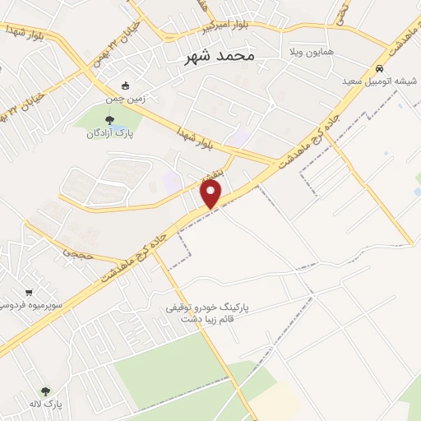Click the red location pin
coord(212,194)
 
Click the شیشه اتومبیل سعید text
coord(379,81)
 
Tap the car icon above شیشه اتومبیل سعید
coord(379,68)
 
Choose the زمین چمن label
coord(124,99)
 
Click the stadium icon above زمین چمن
coord(125,86)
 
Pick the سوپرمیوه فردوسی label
coord(25,306)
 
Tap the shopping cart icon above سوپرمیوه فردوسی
coord(29,292)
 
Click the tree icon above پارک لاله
coord(45,391)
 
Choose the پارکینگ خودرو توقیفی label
coord(207,308)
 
